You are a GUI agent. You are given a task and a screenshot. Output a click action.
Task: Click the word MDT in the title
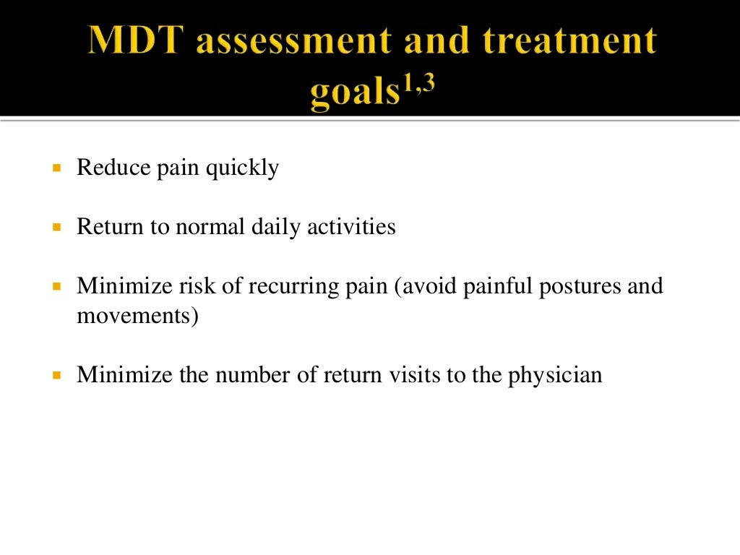coord(137,41)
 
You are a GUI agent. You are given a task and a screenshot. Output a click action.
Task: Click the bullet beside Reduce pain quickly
coord(57,168)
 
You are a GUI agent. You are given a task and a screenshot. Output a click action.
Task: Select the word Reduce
coord(109,168)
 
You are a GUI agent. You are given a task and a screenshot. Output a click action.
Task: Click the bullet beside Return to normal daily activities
coord(57,226)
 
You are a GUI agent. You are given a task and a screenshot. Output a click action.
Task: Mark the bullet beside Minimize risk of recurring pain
coord(57,285)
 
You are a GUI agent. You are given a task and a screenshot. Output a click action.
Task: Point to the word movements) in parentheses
coord(137,316)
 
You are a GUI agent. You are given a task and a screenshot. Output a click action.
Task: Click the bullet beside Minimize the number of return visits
coord(57,375)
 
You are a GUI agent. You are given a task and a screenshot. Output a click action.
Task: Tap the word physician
coord(556,376)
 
